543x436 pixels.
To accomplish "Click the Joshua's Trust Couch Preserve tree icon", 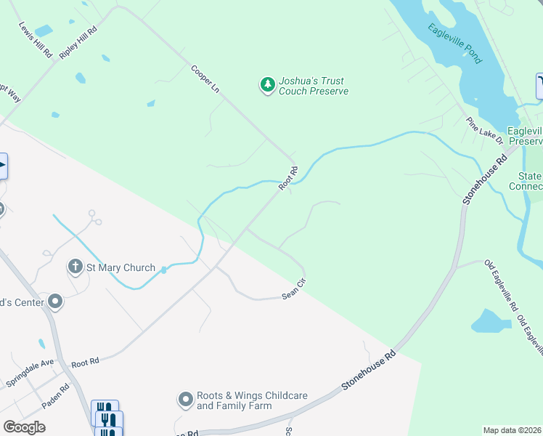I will tap(268, 86).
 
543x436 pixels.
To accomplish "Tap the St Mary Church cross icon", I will tap(75, 267).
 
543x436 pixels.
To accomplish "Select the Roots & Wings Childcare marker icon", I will tap(185, 400).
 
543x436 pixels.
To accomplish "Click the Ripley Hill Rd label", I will tap(78, 44).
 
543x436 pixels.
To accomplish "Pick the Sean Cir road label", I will tap(295, 291).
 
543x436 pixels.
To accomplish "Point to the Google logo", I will tap(24, 427).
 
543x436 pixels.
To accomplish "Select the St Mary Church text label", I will tap(121, 267).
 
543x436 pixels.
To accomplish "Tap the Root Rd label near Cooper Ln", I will tap(288, 179).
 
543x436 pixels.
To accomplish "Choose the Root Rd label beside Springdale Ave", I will tap(84, 360).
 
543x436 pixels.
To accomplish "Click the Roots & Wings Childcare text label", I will tap(252, 400).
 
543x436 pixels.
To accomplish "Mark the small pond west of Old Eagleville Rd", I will tap(491, 321).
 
